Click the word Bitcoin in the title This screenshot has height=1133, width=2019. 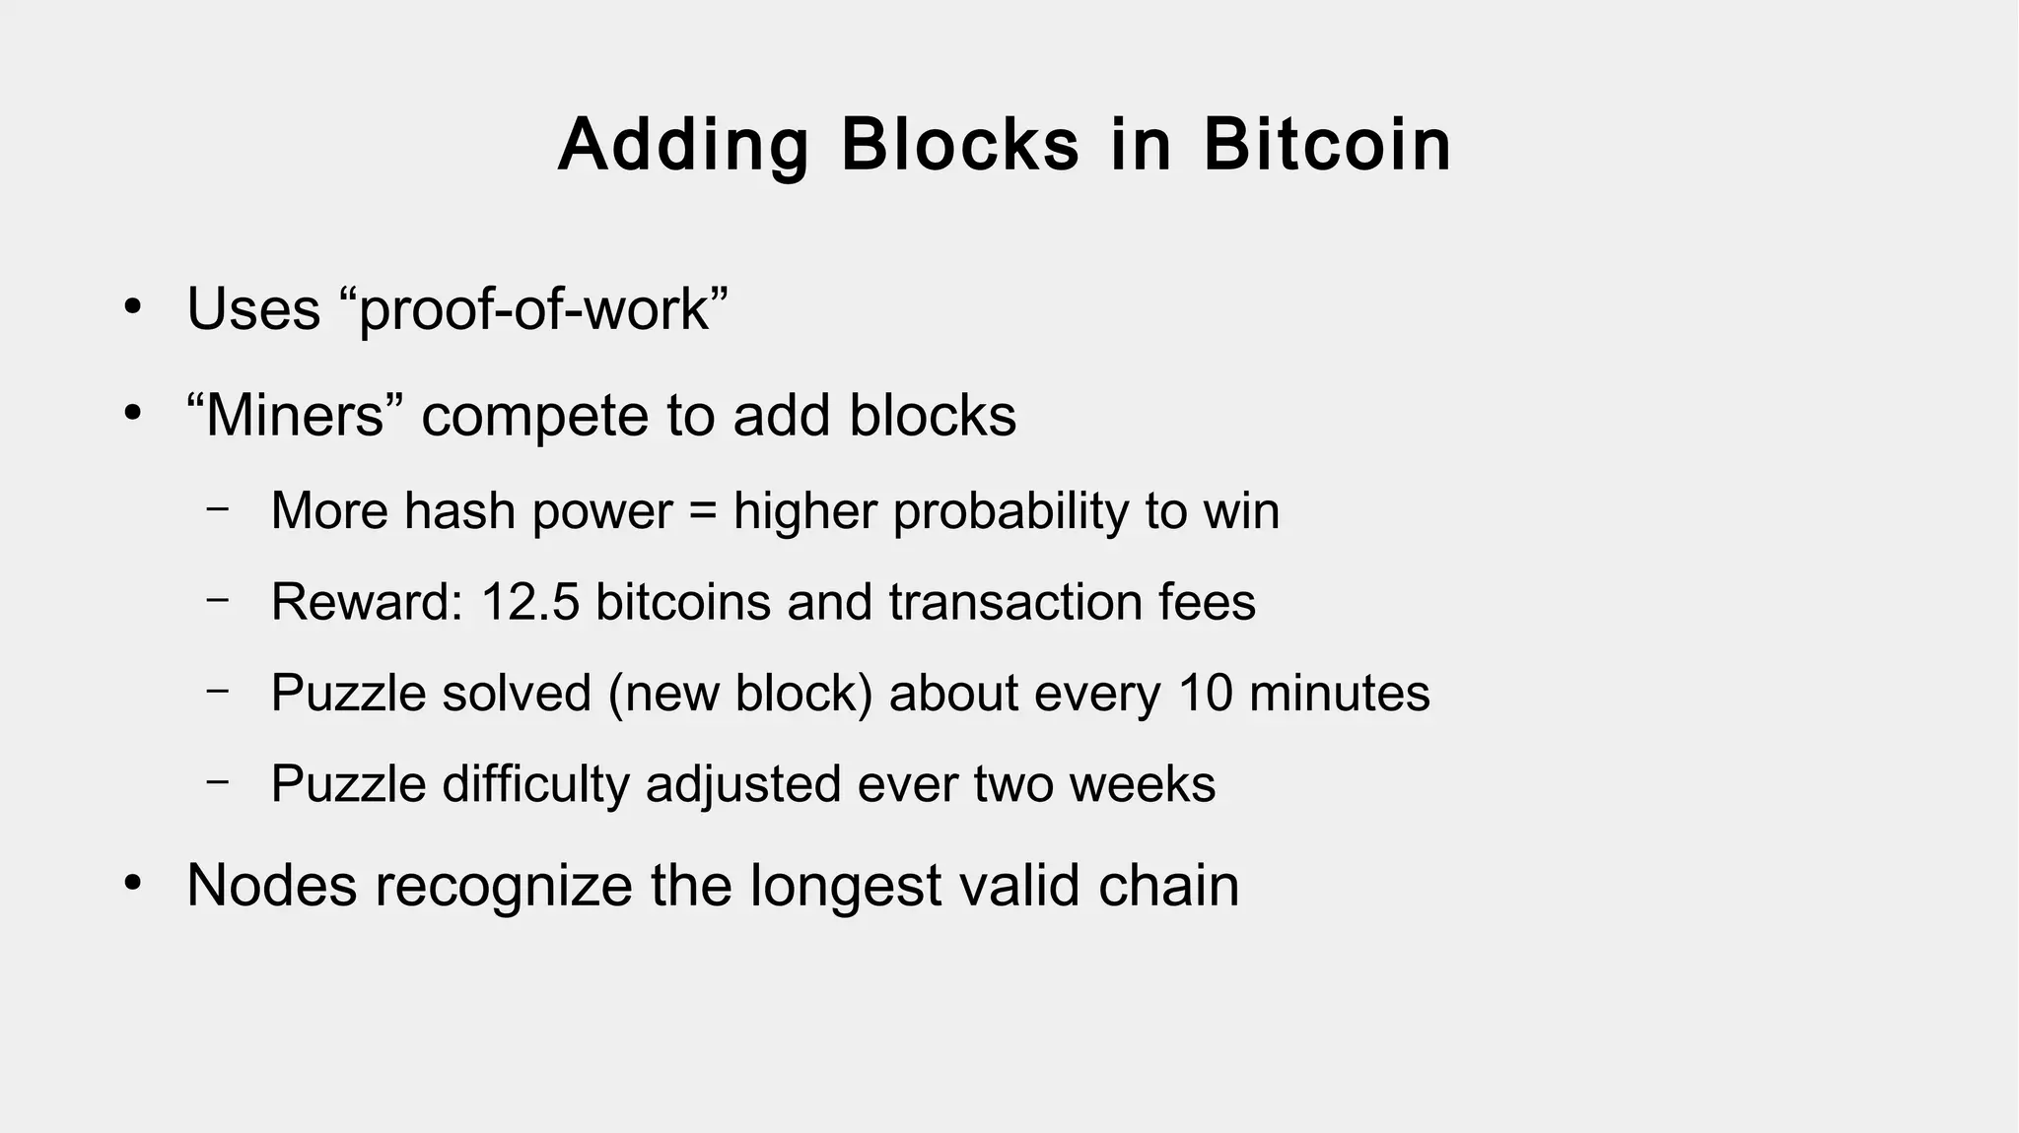1327,145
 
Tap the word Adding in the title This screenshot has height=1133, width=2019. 683,145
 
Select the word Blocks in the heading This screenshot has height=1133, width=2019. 960,145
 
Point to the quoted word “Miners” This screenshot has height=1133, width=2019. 294,415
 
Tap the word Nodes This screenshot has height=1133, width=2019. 271,885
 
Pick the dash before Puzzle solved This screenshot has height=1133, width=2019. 218,690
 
